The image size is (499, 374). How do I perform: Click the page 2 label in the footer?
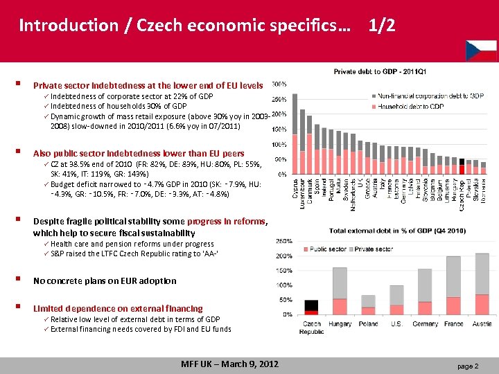click(466, 365)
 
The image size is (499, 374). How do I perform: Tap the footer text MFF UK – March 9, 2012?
click(229, 364)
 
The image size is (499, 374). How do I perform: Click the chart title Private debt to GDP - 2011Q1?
click(381, 71)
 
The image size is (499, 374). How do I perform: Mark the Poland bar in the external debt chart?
click(368, 297)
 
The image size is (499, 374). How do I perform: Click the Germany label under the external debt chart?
click(424, 323)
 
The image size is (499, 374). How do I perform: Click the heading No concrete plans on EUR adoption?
click(105, 280)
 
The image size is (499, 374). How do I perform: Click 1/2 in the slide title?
click(382, 26)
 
